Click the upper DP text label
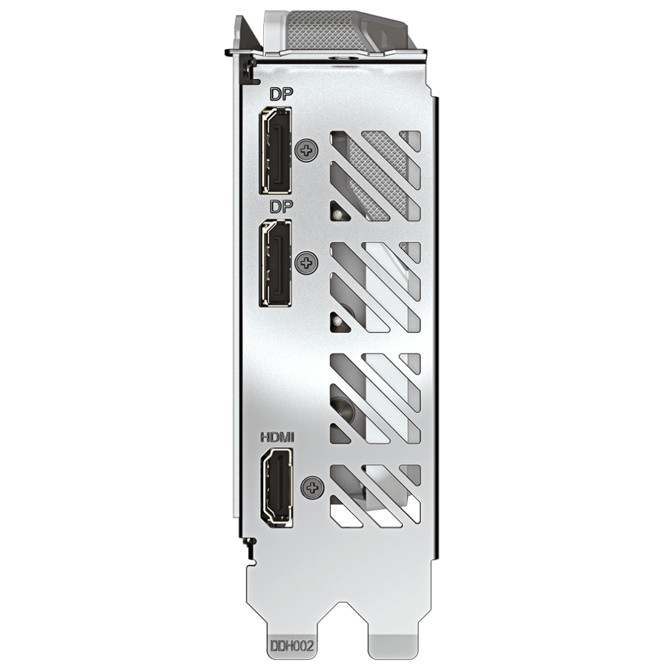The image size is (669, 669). click(x=282, y=94)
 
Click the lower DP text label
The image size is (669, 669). click(x=282, y=206)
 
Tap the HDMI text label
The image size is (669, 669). click(x=278, y=437)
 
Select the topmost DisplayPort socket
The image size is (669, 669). click(x=276, y=150)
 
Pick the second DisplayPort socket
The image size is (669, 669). click(x=276, y=263)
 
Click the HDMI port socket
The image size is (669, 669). click(x=277, y=487)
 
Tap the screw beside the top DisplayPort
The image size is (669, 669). click(x=307, y=150)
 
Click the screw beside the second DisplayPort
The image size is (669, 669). click(x=307, y=263)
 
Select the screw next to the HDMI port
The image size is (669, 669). click(x=312, y=488)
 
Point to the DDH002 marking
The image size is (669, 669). click(x=292, y=645)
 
